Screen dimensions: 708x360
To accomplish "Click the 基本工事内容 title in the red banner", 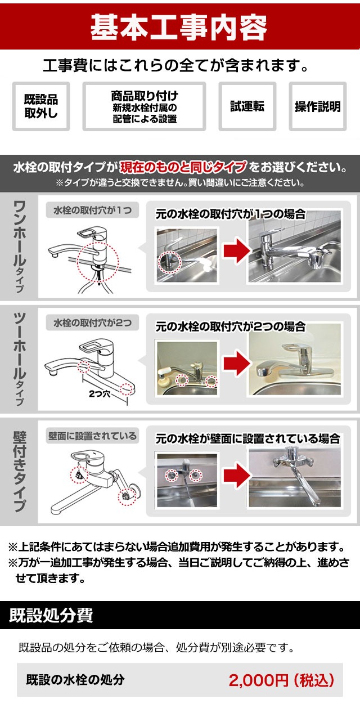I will [179, 26].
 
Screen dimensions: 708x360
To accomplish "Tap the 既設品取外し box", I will [40, 106].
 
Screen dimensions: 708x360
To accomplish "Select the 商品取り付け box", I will [144, 106].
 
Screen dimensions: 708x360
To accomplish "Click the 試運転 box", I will [247, 106].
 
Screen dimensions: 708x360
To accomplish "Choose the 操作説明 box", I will [318, 106].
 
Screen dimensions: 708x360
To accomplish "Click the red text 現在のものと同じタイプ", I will [183, 167].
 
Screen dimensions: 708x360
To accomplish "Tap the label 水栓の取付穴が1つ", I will [92, 210].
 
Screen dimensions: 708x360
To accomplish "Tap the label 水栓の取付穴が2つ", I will [92, 323].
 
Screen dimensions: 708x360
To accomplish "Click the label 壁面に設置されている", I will [92, 435].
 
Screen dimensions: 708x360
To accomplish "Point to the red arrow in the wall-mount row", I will [232, 476].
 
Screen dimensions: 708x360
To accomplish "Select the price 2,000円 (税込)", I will [281, 680].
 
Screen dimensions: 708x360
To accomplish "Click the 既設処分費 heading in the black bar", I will [51, 615].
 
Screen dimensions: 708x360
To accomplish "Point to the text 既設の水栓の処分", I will [75, 680].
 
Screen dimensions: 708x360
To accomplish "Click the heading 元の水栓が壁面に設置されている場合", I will [247, 438].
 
